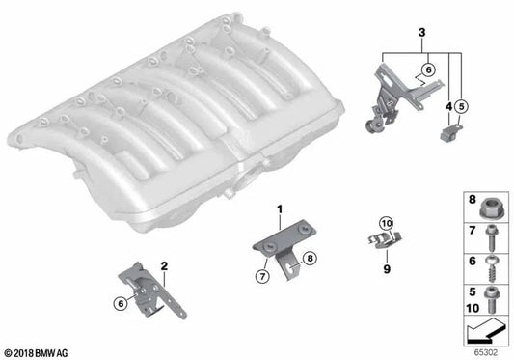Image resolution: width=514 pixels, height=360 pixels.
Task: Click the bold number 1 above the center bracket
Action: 281,209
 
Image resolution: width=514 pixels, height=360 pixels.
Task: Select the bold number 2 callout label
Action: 165,264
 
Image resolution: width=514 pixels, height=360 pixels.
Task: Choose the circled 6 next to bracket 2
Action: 121,303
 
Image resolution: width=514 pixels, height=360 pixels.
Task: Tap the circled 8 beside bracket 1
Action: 310,258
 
